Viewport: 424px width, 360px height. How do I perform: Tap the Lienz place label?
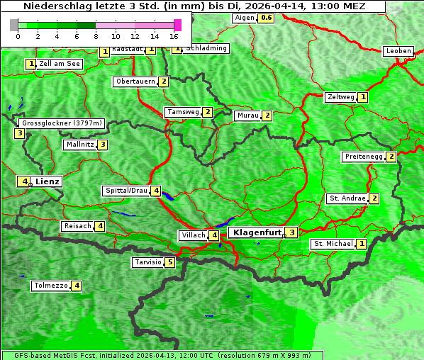[48, 181]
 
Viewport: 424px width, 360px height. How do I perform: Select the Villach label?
[192, 235]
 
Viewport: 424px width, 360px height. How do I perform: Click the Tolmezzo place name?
[50, 286]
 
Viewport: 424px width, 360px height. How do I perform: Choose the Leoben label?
[398, 51]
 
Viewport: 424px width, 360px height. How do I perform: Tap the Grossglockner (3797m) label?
[62, 123]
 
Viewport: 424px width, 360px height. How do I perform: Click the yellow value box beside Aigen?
[266, 17]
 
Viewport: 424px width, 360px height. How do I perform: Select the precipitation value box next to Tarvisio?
[170, 262]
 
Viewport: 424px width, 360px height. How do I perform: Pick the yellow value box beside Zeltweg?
[363, 96]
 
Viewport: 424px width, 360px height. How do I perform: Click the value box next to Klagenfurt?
[291, 232]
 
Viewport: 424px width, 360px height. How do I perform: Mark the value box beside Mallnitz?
[103, 145]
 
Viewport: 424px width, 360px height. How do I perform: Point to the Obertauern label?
[135, 81]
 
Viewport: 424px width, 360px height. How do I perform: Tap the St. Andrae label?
[347, 198]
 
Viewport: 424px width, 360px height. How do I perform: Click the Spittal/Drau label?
[125, 191]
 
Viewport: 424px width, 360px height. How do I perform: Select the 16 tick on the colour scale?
[174, 35]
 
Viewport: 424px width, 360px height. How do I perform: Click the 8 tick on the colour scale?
[96, 35]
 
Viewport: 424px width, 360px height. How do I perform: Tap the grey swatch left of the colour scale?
[14, 25]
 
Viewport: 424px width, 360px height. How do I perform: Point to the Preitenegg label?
[363, 157]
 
